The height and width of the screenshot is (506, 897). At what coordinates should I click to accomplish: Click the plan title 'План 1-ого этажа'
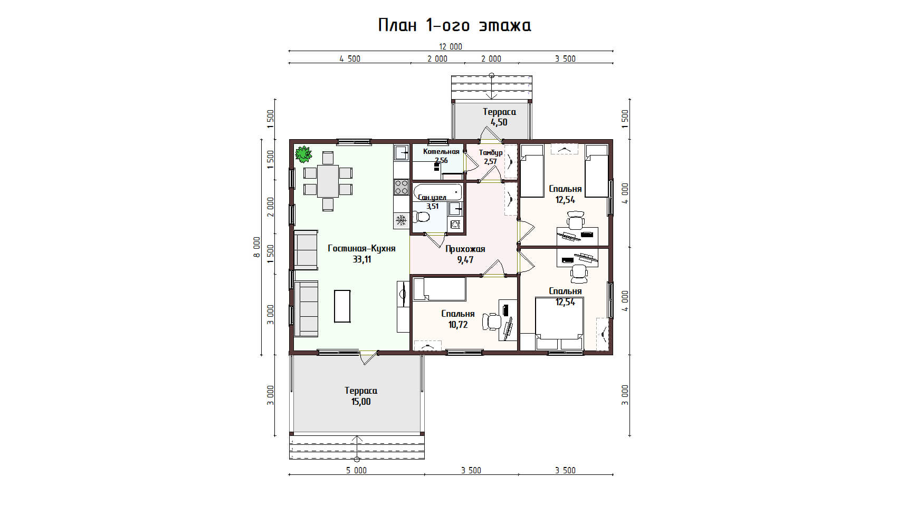point(454,25)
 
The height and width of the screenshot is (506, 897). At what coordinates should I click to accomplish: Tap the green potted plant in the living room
point(303,154)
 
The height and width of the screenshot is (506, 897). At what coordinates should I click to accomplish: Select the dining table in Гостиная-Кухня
point(328,181)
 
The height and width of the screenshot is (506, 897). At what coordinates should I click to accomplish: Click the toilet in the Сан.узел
point(421,217)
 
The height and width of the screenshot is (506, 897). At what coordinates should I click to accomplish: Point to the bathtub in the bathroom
point(437,192)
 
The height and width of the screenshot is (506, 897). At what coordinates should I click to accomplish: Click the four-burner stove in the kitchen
point(401,187)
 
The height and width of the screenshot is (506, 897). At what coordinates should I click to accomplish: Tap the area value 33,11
point(361,260)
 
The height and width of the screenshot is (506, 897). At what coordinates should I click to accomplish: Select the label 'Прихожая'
point(465,249)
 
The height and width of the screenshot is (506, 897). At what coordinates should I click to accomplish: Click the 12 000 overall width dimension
point(451,46)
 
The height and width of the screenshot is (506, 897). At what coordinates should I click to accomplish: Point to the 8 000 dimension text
point(256,247)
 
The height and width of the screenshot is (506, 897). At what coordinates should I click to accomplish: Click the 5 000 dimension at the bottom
point(356,470)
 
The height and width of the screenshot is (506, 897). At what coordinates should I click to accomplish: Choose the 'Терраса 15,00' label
point(361,396)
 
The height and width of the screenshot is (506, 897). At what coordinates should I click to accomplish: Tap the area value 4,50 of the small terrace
point(499,122)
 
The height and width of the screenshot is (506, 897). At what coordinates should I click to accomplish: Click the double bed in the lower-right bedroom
point(559,323)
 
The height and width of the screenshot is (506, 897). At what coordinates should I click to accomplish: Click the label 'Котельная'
point(441,152)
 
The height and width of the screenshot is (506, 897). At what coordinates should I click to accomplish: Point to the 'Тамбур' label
point(491,152)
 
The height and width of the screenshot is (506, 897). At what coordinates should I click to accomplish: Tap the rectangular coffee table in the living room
point(342,306)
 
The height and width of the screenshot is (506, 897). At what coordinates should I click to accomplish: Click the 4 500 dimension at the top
point(350,59)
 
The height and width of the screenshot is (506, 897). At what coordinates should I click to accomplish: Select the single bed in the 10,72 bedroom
point(440,289)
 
